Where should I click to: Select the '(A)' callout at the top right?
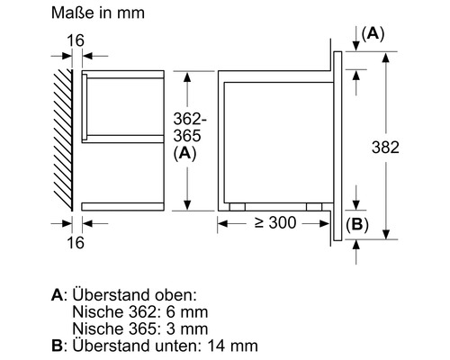[373, 33]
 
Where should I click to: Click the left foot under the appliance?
[237, 206]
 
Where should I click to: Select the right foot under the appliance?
[314, 206]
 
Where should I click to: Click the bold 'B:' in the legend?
[59, 346]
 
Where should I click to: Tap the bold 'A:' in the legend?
[59, 295]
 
